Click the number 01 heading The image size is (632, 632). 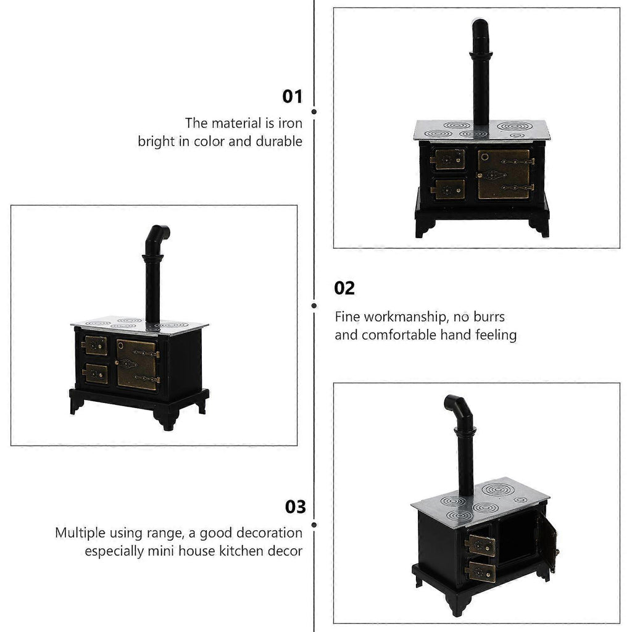(292, 97)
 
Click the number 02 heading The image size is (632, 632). (344, 288)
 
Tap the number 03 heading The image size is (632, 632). (296, 507)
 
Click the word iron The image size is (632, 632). (290, 123)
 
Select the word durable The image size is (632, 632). (279, 141)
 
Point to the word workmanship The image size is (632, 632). (406, 317)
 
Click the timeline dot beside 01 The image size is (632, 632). (314, 112)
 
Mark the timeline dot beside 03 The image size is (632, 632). (314, 525)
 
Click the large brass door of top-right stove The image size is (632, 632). (504, 174)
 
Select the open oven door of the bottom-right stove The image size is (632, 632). (548, 543)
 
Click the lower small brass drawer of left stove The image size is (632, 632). (96, 374)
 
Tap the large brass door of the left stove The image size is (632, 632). (137, 365)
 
